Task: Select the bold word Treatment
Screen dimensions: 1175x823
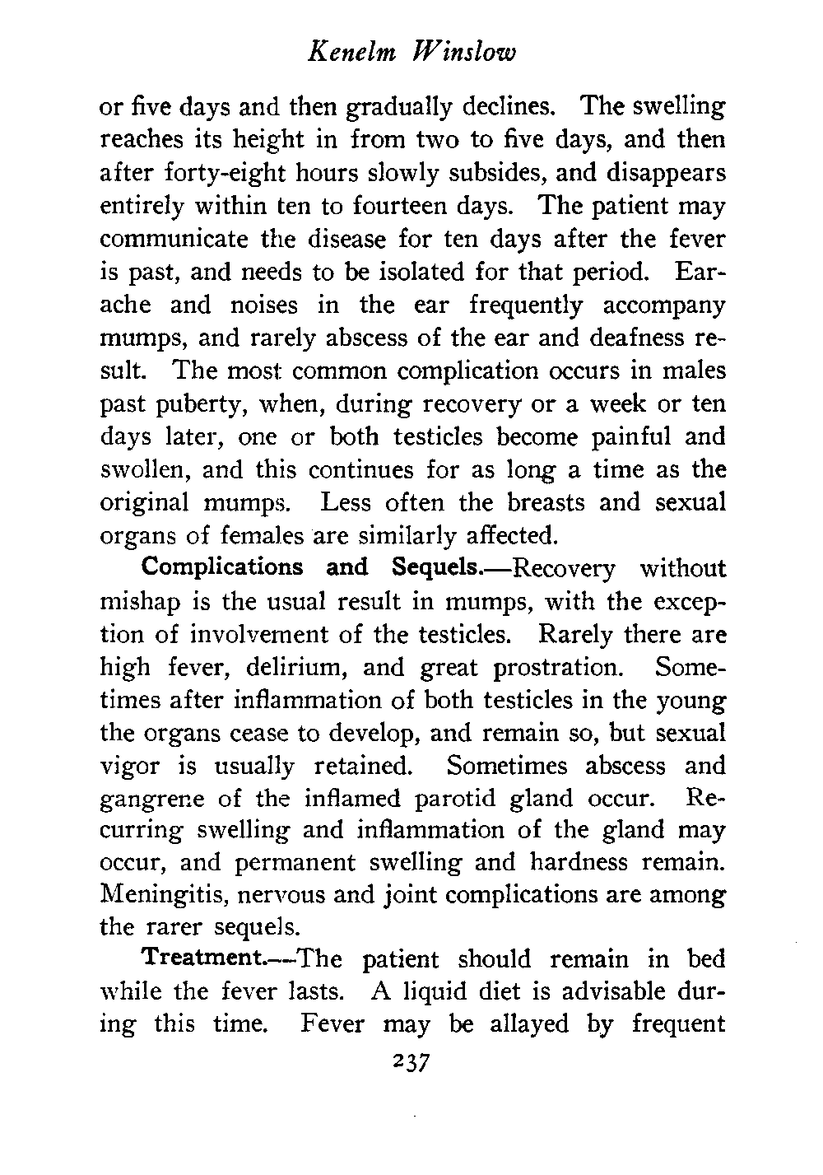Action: pyautogui.click(x=196, y=959)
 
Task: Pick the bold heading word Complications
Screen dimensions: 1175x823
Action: pyautogui.click(x=222, y=569)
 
